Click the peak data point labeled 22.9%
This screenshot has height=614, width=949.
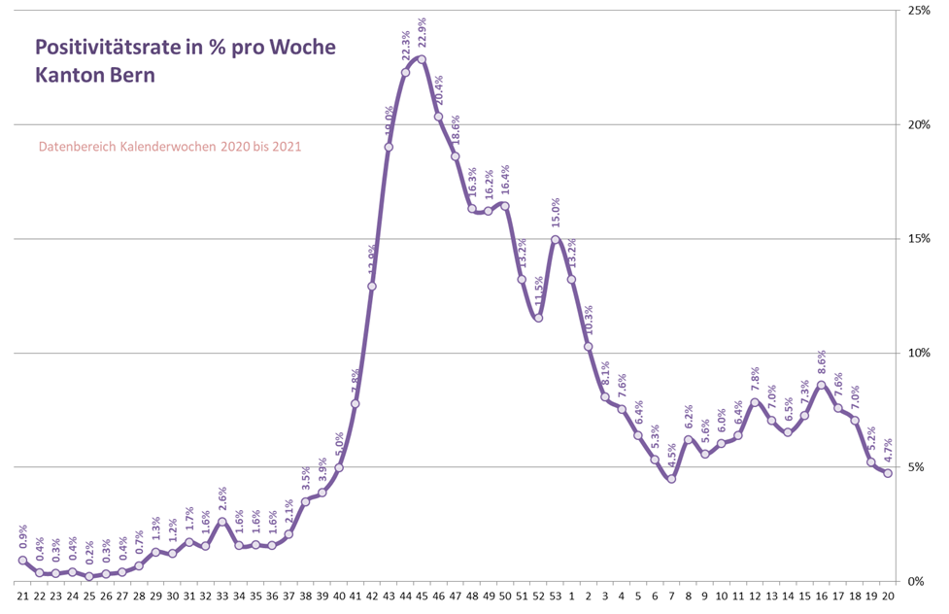(422, 59)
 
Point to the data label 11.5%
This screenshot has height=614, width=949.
(539, 292)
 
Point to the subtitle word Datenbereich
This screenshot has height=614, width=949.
(78, 147)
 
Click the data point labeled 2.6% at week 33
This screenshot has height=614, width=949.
(222, 522)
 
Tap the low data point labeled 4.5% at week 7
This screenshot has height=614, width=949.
(671, 478)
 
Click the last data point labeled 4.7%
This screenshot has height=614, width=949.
(888, 473)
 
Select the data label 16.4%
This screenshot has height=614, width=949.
(505, 181)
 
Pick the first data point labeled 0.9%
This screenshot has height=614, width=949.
(21, 561)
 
